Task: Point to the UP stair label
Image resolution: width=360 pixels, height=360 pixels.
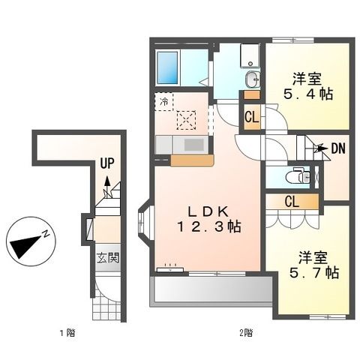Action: point(109,162)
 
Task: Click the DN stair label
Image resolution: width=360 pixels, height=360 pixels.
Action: point(337,149)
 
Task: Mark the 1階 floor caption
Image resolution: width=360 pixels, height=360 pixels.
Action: point(66,331)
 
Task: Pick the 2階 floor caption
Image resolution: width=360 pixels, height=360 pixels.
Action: point(245,331)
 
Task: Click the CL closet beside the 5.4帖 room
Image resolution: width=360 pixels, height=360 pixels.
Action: point(251,117)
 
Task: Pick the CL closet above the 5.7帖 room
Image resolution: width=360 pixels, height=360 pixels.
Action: point(292,201)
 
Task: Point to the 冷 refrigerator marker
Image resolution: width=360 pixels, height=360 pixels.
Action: point(163,99)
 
